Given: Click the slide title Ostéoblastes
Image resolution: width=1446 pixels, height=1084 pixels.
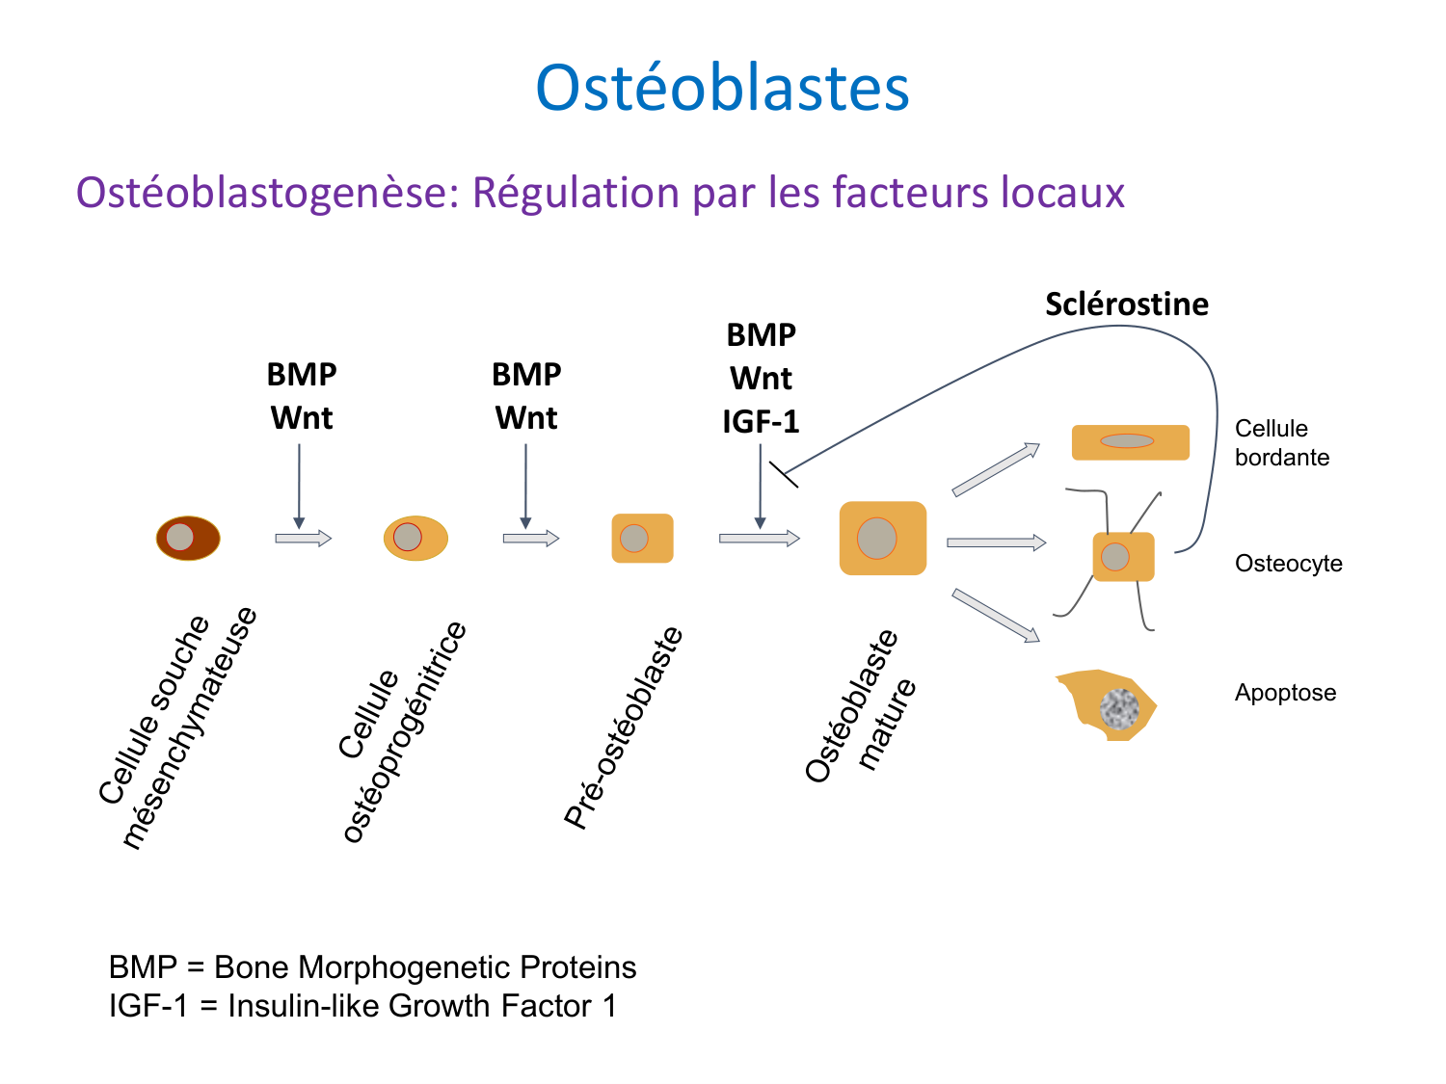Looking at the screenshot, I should (x=722, y=89).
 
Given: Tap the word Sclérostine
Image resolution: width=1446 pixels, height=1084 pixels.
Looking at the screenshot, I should (x=1126, y=304).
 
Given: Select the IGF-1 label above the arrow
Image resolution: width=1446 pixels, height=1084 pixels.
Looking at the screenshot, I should (x=761, y=422).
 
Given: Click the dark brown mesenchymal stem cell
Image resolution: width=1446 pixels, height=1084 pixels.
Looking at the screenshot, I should (x=188, y=538).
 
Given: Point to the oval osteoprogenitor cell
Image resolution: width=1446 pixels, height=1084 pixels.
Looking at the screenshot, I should (x=415, y=538).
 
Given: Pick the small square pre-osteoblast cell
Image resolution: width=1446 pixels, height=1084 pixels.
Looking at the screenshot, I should (x=642, y=538).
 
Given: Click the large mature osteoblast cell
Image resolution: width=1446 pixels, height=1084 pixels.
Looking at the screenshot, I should (x=882, y=538).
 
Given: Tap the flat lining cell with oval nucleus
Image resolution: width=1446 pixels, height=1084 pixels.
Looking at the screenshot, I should (x=1130, y=442).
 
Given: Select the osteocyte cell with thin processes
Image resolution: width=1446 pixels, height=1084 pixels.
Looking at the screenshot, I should (x=1123, y=557).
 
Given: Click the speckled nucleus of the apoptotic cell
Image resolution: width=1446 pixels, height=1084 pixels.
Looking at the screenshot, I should (x=1119, y=708).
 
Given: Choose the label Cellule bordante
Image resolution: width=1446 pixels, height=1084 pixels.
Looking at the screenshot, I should (x=1281, y=442).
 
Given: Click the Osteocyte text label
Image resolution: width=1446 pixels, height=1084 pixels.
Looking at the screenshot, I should (x=1288, y=564).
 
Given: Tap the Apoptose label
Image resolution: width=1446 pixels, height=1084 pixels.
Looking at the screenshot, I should (x=1285, y=693).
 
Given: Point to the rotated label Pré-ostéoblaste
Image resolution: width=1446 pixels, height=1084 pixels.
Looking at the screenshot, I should (x=624, y=727).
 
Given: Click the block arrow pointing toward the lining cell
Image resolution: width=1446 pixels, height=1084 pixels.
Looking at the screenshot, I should (x=996, y=469).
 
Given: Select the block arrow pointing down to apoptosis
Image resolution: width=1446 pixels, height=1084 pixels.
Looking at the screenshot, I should (x=996, y=615).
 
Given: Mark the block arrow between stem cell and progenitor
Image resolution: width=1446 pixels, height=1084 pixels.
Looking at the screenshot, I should (x=303, y=539).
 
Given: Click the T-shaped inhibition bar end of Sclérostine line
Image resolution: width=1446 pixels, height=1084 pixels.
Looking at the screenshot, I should (x=784, y=474).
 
